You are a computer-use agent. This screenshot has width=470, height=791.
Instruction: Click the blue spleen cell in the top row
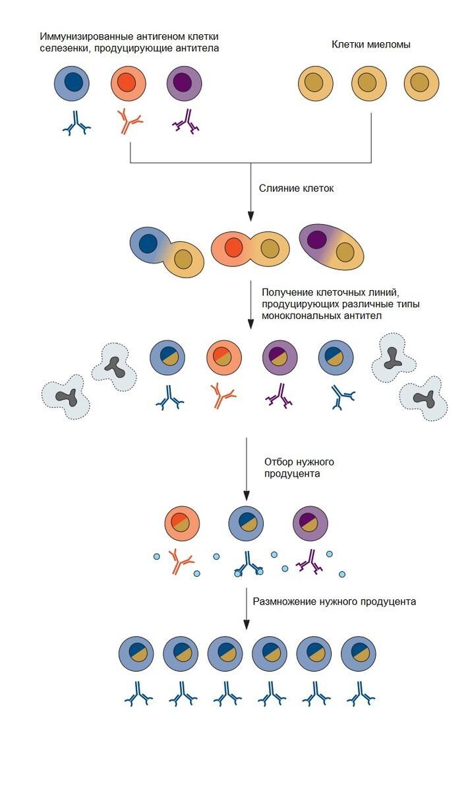[73, 84]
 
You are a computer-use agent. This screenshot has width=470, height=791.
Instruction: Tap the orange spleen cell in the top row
[127, 84]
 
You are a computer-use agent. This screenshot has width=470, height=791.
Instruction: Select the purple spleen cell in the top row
[184, 84]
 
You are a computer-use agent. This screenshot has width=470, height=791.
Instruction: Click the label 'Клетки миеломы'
[371, 45]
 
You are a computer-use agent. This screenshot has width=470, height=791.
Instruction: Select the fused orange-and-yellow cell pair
[251, 249]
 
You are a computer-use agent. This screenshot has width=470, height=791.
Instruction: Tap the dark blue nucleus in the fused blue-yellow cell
[148, 243]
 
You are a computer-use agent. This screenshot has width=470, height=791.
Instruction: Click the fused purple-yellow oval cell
[332, 247]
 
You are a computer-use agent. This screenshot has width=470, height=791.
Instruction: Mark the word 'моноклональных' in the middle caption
[299, 316]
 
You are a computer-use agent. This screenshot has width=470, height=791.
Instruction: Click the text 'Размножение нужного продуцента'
[335, 602]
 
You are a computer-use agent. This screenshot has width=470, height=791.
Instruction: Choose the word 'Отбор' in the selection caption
[277, 461]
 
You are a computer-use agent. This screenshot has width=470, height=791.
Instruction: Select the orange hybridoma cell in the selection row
[182, 523]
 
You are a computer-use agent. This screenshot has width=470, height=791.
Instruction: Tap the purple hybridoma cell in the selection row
[310, 523]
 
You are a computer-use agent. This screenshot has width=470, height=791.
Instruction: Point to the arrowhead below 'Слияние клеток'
[250, 216]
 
